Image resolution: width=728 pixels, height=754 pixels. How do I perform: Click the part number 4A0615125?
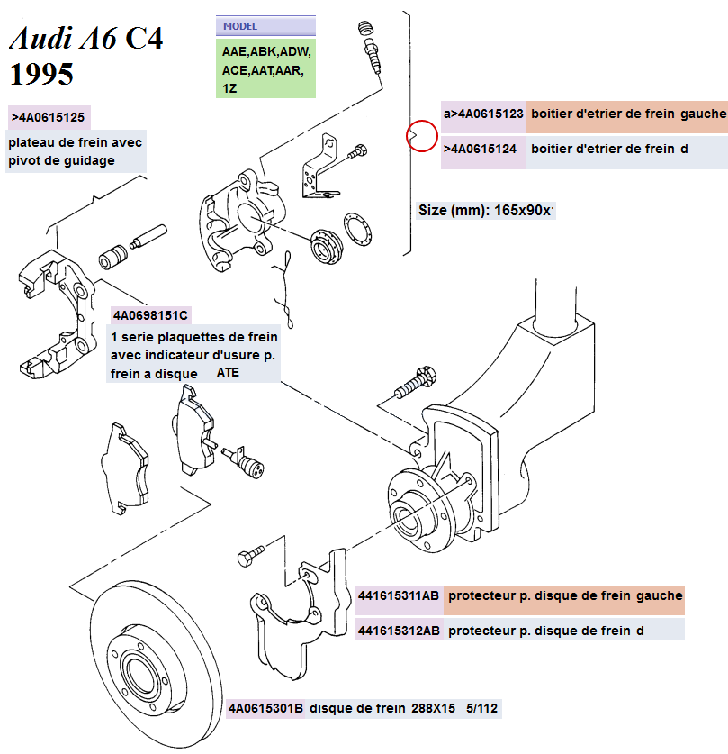tap(50, 117)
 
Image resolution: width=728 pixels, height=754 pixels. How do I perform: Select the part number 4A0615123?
tap(484, 114)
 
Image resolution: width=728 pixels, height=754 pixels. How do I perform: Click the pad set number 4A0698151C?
tap(150, 315)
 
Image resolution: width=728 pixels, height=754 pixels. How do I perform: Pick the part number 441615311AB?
tap(399, 595)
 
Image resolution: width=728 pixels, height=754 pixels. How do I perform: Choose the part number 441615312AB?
tap(399, 631)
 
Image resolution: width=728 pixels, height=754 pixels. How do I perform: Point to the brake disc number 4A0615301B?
tap(266, 708)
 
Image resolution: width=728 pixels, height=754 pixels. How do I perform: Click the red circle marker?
tap(421, 136)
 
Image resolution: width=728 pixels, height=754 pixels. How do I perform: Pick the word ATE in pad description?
tap(229, 371)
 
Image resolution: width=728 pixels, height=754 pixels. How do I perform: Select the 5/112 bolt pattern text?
tap(481, 708)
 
